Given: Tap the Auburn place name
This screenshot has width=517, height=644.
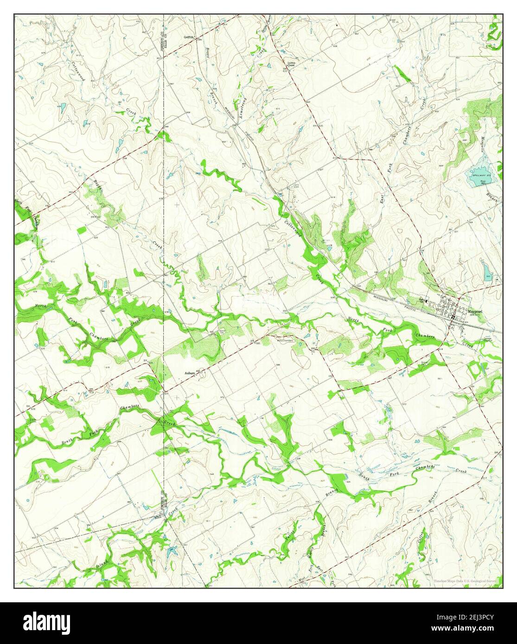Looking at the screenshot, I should coord(189,372).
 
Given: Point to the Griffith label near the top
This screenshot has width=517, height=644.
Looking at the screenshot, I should coord(190,36).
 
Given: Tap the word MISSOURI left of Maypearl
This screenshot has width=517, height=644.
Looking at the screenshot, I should coord(385,297).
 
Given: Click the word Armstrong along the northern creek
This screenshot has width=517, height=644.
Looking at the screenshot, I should coord(242,110).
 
